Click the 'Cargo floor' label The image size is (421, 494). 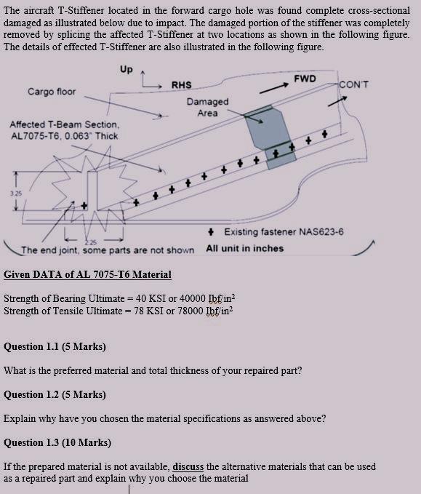click(x=52, y=92)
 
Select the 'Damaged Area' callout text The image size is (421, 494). click(x=207, y=108)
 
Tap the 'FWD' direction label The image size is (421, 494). click(x=305, y=77)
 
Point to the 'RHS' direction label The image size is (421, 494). click(x=182, y=85)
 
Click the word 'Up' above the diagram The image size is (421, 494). click(x=127, y=70)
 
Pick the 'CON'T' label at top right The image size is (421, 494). click(x=354, y=85)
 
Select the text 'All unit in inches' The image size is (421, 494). click(x=244, y=248)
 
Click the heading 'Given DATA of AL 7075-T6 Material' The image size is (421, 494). click(x=87, y=274)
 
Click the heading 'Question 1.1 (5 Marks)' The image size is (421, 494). click(x=55, y=346)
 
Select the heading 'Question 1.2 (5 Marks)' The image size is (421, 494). click(x=55, y=394)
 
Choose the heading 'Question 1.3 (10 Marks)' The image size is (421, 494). click(x=57, y=442)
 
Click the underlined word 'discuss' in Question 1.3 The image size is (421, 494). click(x=188, y=466)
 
